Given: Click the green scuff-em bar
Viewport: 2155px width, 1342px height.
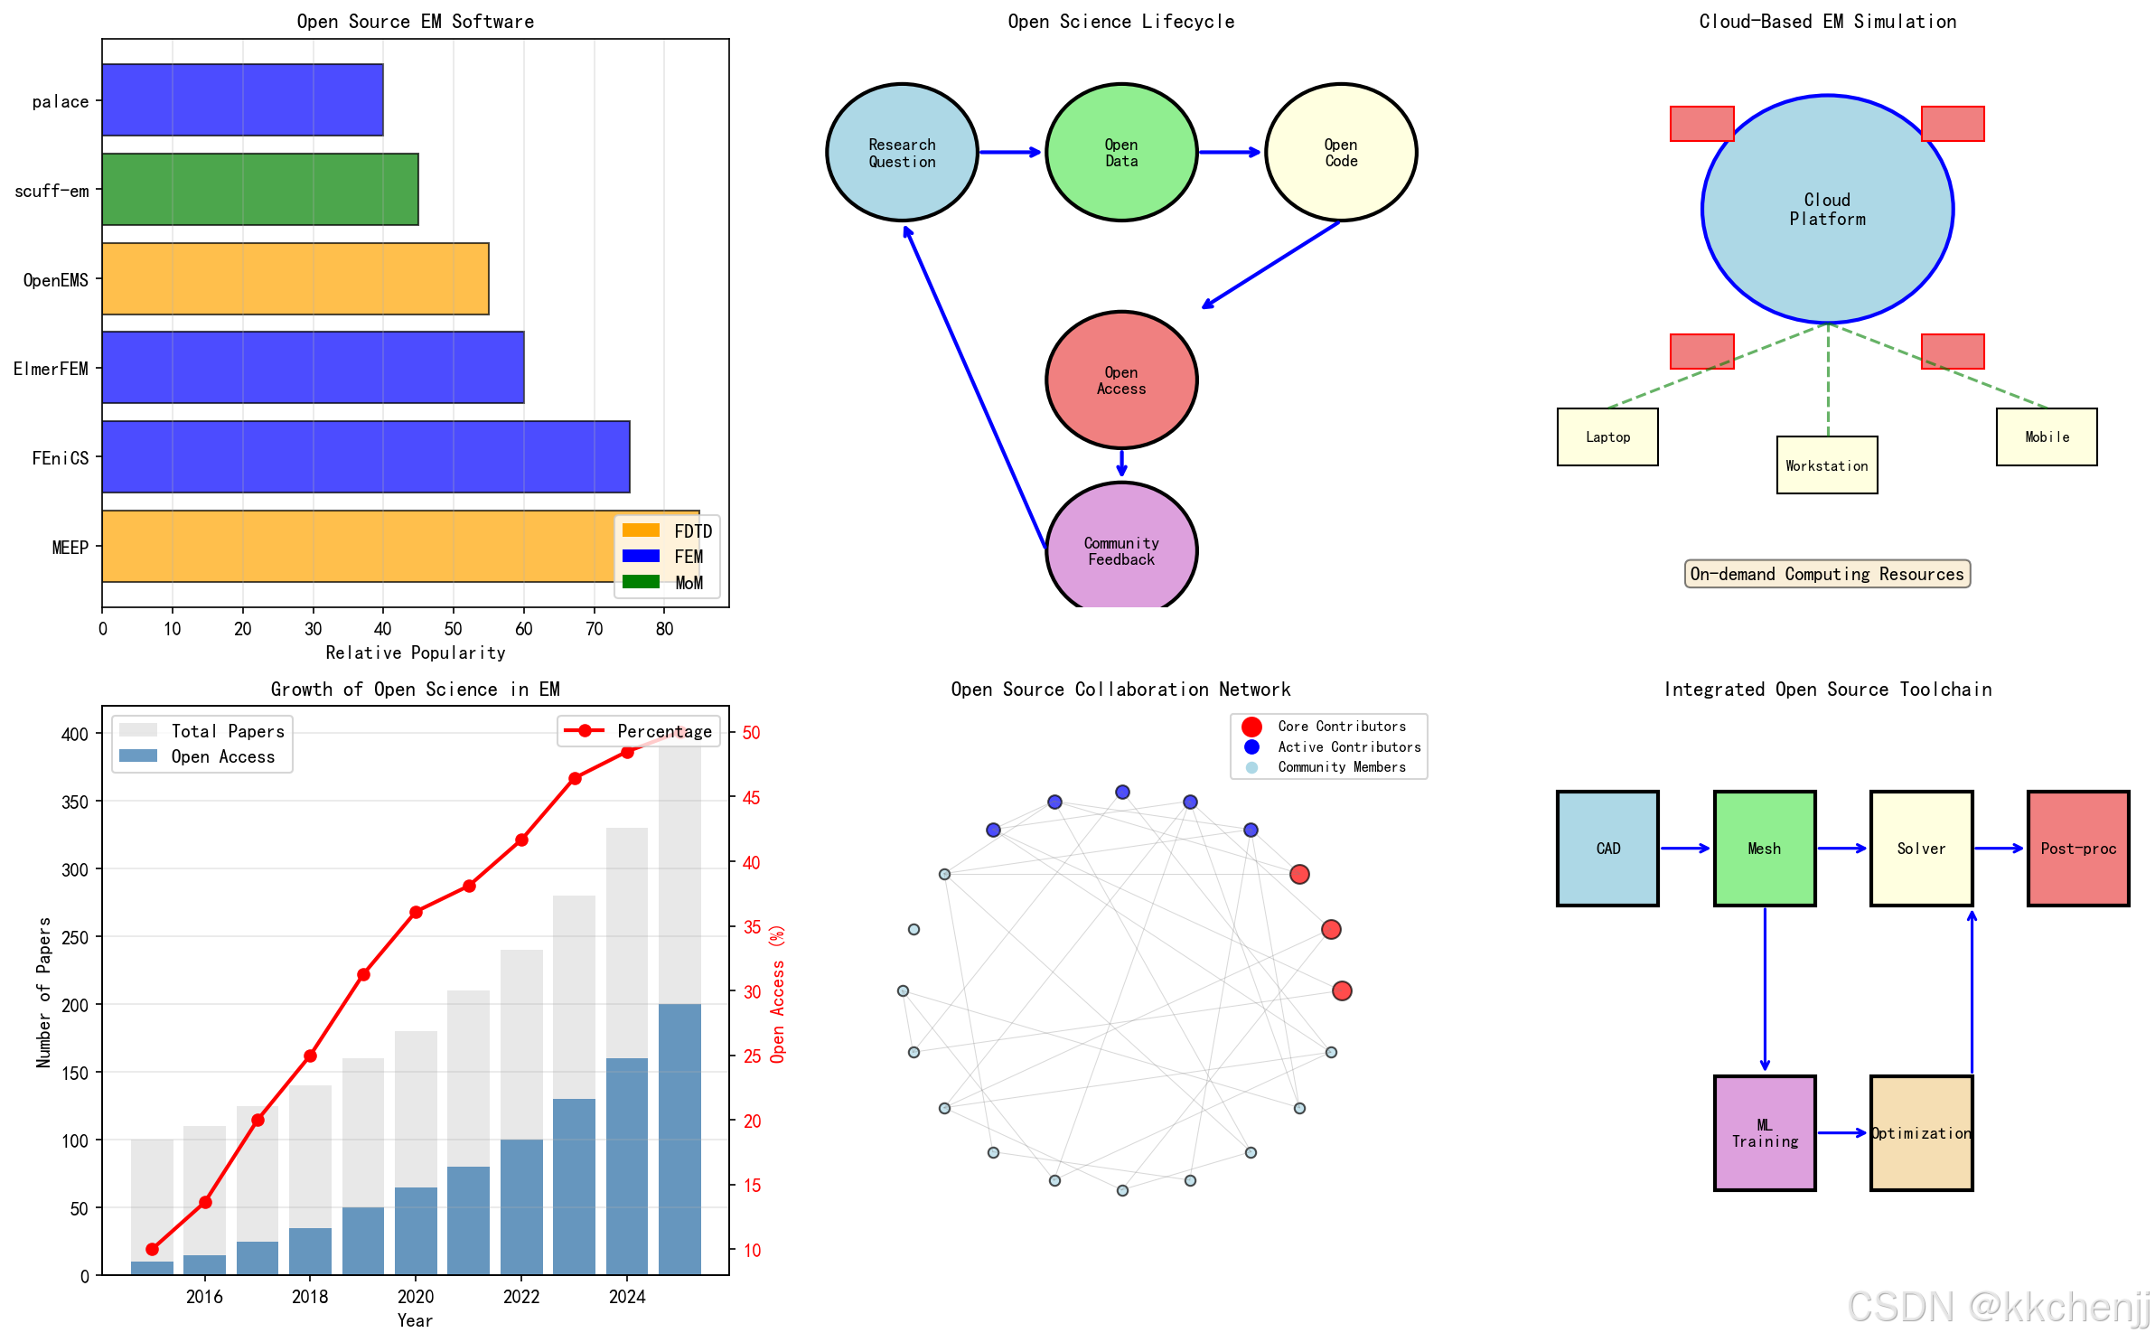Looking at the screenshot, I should [x=260, y=189].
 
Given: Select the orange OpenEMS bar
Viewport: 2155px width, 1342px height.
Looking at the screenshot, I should [x=295, y=278].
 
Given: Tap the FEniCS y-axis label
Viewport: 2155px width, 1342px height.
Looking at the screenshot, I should [x=60, y=458].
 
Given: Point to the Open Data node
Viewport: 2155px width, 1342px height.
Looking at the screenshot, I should [x=1121, y=153].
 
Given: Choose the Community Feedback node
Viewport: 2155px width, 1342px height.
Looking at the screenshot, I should [x=1121, y=550].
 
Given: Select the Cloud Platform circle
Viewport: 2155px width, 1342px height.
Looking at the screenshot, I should [x=1827, y=209].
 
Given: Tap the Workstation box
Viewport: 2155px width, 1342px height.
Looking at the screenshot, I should [x=1827, y=465].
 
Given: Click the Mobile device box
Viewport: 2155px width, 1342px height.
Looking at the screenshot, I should [x=2047, y=437].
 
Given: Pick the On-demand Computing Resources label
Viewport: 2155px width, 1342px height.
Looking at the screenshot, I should [x=1827, y=574].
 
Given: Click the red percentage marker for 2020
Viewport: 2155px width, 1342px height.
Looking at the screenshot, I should [x=416, y=912].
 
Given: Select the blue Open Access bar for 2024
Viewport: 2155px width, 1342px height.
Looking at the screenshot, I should [x=627, y=1166].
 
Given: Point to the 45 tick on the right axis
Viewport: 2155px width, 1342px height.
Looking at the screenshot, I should [x=752, y=798].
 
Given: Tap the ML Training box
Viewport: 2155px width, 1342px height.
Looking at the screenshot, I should [x=1765, y=1133].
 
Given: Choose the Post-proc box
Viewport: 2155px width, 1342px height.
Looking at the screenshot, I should [x=2078, y=849].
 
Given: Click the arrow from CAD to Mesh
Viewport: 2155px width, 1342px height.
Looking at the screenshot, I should [x=1685, y=849].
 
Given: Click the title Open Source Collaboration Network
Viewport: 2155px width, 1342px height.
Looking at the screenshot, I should [x=1120, y=690].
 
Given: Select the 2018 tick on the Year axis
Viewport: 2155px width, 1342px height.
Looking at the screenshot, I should [x=310, y=1297].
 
